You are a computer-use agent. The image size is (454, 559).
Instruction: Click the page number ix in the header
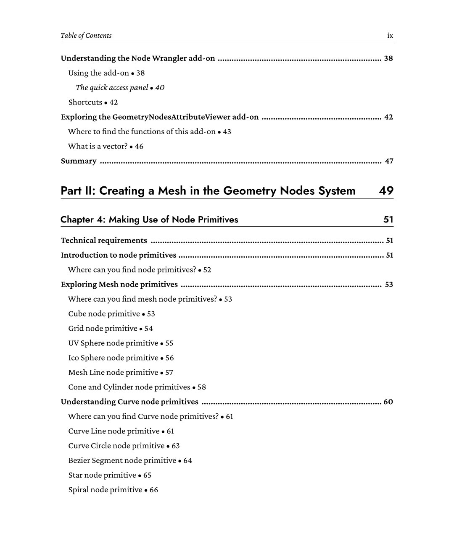click(390, 36)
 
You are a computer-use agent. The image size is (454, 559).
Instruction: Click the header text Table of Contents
click(86, 36)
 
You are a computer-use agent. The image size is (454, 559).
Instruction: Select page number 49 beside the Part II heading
click(386, 191)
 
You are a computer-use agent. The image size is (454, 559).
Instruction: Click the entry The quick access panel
click(112, 88)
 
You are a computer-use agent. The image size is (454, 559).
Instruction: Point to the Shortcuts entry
click(85, 102)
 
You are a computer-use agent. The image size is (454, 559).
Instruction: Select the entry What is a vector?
click(98, 146)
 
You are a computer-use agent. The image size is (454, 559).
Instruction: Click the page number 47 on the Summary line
click(389, 161)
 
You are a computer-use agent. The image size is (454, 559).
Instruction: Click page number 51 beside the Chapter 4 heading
click(388, 219)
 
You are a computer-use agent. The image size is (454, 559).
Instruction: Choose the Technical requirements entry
click(104, 240)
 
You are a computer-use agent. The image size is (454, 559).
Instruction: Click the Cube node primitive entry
click(104, 314)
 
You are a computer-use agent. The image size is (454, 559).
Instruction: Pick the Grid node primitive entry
click(103, 329)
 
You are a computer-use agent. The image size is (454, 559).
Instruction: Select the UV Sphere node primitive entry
click(113, 343)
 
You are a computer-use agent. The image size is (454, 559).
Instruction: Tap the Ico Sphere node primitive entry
click(113, 358)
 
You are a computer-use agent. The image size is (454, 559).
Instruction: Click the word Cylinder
click(118, 387)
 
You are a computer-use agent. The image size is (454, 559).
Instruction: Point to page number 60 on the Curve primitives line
click(388, 402)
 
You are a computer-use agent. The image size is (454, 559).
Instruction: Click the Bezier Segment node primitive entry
click(122, 461)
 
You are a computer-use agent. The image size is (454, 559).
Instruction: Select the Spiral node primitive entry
click(106, 490)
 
